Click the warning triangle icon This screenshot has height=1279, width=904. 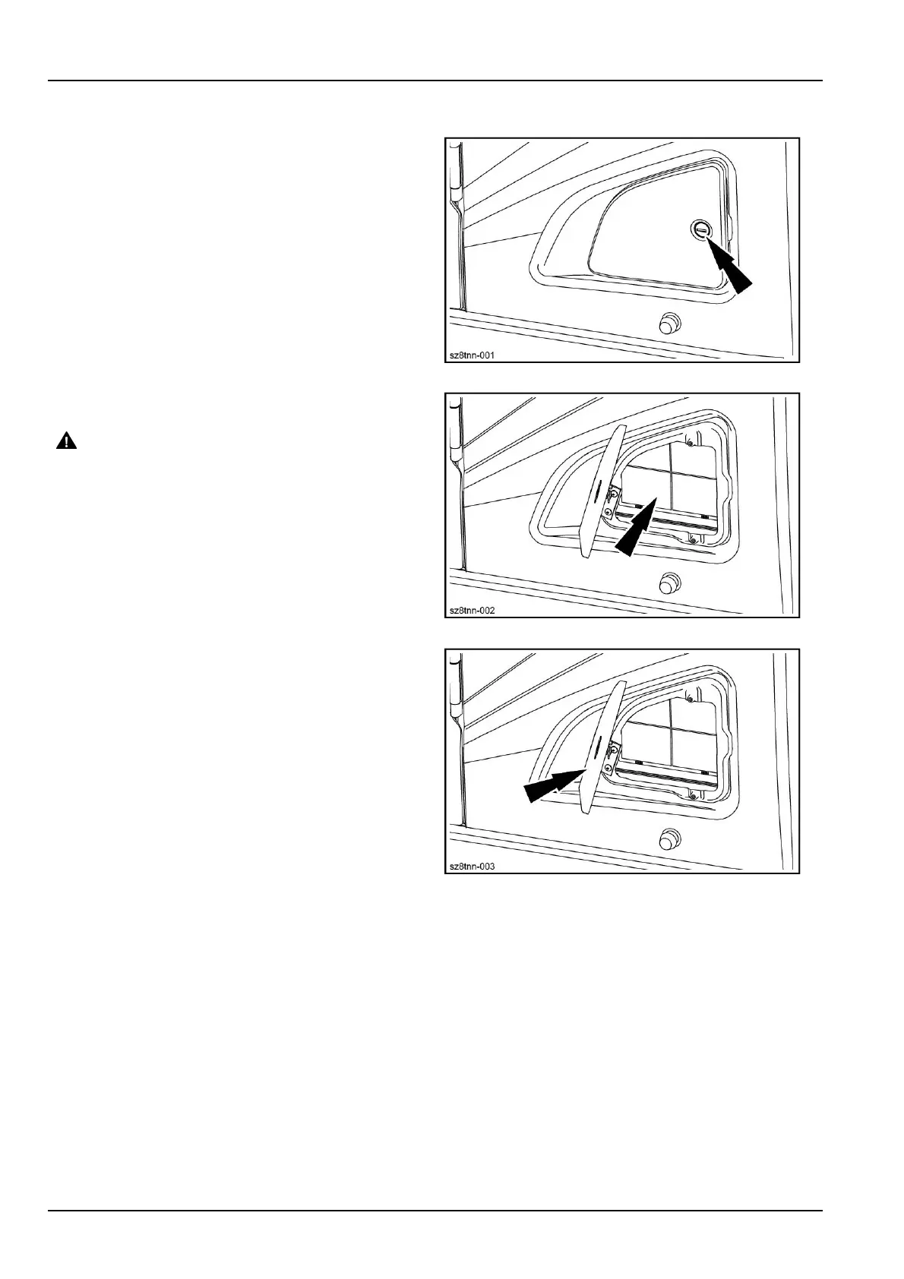click(x=66, y=441)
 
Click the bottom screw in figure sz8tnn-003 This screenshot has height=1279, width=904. click(x=693, y=794)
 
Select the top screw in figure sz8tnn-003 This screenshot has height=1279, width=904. click(x=689, y=697)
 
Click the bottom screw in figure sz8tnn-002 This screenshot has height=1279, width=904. click(x=693, y=538)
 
